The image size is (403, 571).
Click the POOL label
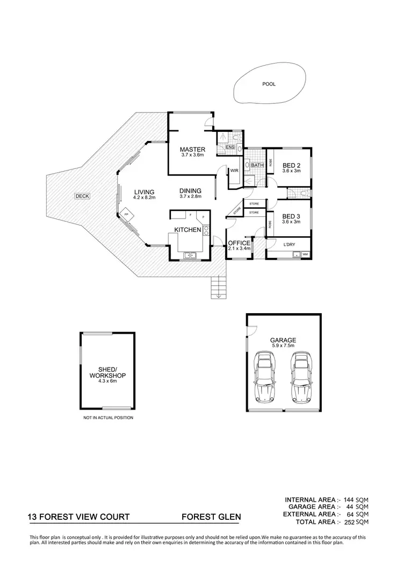[268, 84]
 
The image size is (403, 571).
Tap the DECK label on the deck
[82, 196]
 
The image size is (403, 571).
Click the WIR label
[234, 171]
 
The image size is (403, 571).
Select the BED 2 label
[291, 165]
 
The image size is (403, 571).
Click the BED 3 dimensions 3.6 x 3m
[291, 222]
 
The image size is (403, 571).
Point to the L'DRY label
[289, 245]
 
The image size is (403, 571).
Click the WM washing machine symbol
[305, 254]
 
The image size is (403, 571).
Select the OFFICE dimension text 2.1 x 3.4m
[239, 249]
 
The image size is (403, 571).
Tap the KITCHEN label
[188, 230]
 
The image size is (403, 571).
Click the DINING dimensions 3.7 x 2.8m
[190, 196]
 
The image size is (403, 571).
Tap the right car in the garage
[301, 377]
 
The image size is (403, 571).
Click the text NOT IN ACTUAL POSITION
[108, 418]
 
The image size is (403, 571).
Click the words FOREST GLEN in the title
[211, 517]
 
